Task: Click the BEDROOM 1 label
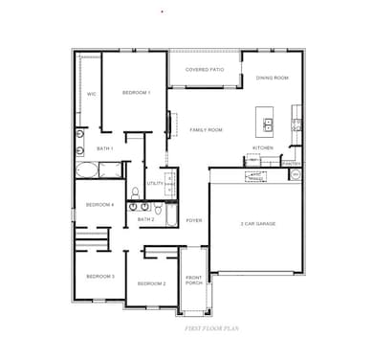136,93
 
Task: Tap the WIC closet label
92,95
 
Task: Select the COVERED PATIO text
204,70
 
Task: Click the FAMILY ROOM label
206,129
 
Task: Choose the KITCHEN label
263,147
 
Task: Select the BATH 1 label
105,148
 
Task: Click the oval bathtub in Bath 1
87,172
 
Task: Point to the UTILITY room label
154,183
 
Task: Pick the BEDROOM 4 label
99,205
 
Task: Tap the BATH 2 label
145,219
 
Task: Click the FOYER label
194,219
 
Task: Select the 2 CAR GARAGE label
257,223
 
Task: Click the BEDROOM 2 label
151,283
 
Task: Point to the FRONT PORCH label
194,281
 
